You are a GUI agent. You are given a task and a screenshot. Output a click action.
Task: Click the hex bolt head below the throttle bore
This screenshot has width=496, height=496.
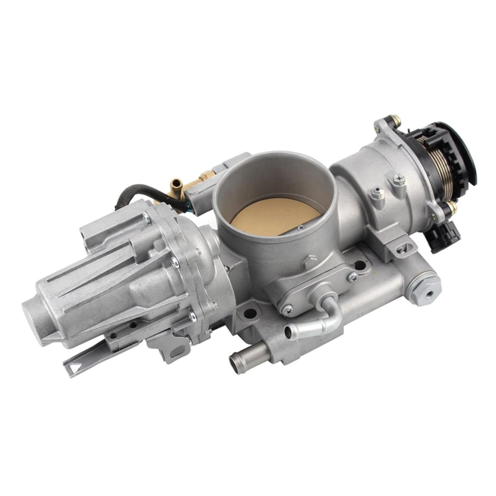click(x=309, y=262)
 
